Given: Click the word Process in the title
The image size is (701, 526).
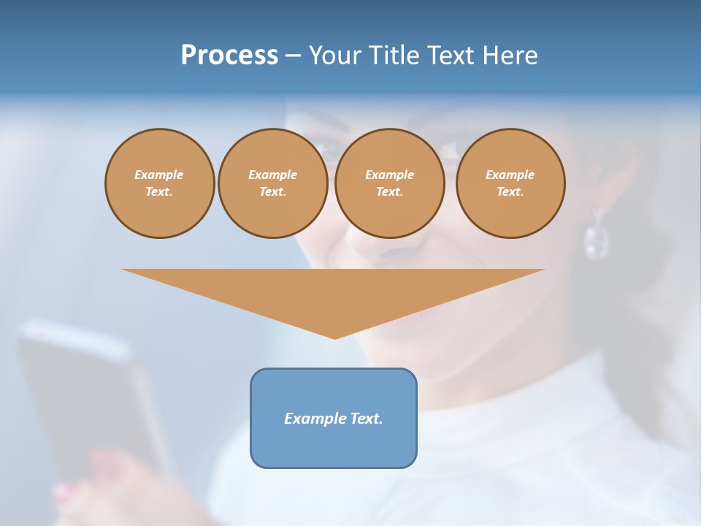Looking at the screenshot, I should (229, 56).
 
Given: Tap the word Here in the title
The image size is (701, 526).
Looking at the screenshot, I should (510, 56).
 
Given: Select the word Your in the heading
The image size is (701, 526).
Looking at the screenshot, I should (335, 56).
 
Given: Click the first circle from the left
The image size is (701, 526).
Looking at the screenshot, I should (160, 183).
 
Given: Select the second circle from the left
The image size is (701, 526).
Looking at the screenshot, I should (273, 183).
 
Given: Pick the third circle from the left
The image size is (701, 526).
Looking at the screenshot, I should (390, 183).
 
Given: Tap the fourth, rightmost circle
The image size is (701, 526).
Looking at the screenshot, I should (510, 183).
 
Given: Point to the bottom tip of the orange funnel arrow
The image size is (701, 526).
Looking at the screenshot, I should (334, 338).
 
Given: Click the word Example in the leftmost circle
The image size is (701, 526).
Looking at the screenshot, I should (159, 175).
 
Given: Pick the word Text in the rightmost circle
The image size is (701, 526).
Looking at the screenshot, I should (510, 192).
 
